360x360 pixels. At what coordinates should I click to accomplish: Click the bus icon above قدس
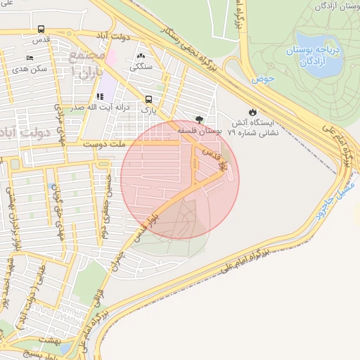(x=41, y=30)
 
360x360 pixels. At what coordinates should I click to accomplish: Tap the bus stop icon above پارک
(x=148, y=100)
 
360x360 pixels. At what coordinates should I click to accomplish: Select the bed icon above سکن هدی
(x=30, y=58)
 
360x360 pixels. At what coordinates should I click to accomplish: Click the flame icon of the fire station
(x=252, y=112)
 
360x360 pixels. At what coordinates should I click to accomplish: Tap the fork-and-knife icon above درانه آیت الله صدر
(x=99, y=97)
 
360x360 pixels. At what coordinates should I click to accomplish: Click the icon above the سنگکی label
(x=141, y=56)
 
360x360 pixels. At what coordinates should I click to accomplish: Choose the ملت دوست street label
(x=104, y=143)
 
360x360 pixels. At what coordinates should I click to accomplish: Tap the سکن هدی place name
(x=34, y=69)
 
